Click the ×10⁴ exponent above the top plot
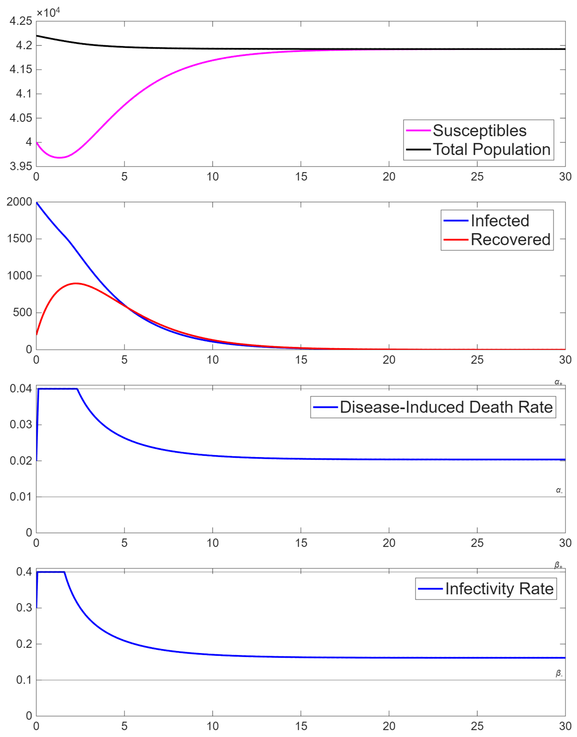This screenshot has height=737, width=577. [48, 13]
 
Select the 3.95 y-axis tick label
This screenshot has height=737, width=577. [21, 166]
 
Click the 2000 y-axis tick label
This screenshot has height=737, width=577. [19, 202]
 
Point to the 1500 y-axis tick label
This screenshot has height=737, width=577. [19, 239]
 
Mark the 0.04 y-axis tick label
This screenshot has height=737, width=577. [21, 388]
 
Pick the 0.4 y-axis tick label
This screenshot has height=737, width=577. [24, 572]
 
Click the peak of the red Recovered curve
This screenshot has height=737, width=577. [76, 283]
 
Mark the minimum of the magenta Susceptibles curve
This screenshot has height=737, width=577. [60, 158]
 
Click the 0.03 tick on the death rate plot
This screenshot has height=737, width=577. [21, 425]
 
